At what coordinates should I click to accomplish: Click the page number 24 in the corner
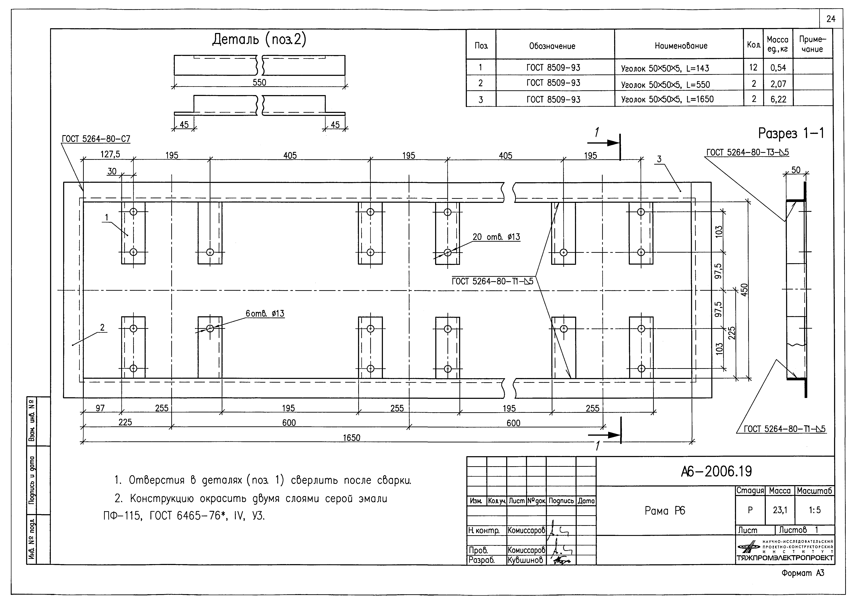point(831,19)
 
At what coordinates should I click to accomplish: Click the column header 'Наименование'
point(681,46)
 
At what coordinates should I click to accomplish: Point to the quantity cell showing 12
point(753,67)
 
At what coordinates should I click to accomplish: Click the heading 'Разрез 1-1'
point(791,133)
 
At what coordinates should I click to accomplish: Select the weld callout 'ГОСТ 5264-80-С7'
point(96,139)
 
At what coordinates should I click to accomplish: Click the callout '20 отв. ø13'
point(496,237)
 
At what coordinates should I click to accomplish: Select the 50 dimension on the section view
point(796,170)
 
